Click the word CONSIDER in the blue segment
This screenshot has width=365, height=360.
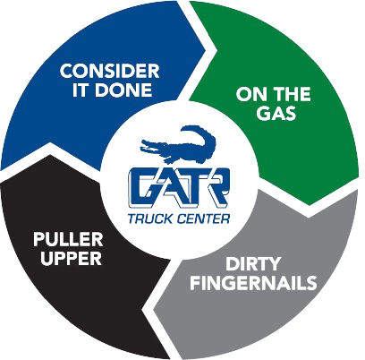tap(109, 72)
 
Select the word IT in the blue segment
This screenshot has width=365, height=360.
tap(81, 90)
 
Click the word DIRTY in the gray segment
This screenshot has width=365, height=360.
tap(253, 264)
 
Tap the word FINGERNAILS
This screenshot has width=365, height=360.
tap(253, 283)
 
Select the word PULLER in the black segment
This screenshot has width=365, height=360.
tap(68, 240)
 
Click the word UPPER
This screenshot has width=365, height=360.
tap(72, 258)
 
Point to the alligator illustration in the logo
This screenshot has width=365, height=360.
tap(178, 144)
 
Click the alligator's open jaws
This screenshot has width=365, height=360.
tap(149, 145)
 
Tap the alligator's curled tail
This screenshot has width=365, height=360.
tap(200, 134)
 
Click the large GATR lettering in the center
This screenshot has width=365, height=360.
tap(179, 188)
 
